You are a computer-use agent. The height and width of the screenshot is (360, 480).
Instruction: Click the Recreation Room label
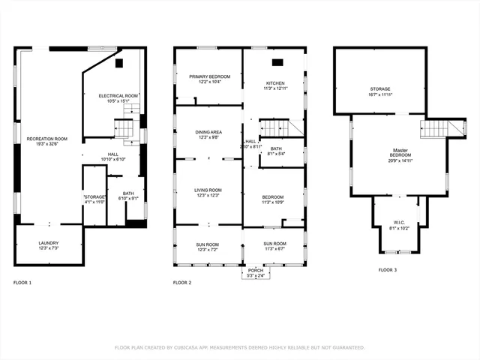click(x=47, y=139)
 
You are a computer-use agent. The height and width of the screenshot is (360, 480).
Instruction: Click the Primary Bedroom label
click(x=209, y=76)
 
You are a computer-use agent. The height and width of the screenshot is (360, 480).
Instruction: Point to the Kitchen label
click(x=275, y=83)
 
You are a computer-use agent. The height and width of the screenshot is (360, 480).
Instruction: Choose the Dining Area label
click(x=208, y=132)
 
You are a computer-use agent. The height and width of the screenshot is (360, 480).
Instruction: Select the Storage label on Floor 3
click(x=380, y=89)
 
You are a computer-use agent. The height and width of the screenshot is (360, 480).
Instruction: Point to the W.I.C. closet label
click(x=400, y=222)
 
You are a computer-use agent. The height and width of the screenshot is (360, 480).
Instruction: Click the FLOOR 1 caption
click(x=22, y=283)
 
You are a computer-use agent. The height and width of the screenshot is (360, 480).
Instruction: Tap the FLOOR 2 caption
click(x=182, y=283)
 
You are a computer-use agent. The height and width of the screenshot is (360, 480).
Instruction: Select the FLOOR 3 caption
click(x=387, y=269)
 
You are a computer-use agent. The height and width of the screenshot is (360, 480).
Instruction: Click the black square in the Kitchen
click(x=277, y=62)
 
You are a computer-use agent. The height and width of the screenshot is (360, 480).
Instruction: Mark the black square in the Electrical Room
click(x=119, y=64)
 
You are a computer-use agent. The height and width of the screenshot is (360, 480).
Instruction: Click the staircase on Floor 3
click(x=433, y=129)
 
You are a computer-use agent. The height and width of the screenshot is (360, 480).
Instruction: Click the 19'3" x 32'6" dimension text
click(x=47, y=144)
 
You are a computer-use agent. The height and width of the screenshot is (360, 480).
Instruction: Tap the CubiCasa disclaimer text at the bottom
click(x=239, y=347)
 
